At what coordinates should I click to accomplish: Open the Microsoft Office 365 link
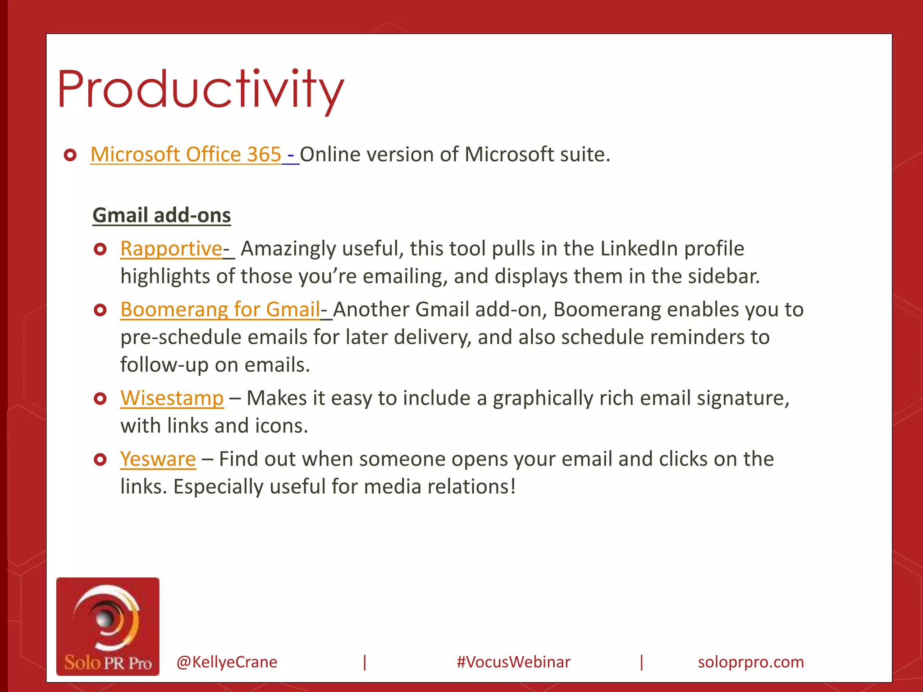(x=186, y=155)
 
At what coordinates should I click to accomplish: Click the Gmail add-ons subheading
(x=161, y=215)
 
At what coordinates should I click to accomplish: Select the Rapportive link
(x=171, y=249)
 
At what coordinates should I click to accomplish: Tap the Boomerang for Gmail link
(x=220, y=310)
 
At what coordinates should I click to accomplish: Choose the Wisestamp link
(x=172, y=398)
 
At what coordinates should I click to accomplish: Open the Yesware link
(x=158, y=459)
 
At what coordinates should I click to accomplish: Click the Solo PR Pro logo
(x=108, y=626)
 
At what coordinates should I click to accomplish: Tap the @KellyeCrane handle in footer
(x=227, y=662)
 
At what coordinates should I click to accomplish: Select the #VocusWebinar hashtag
(x=513, y=662)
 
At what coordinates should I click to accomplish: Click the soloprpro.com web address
(x=750, y=662)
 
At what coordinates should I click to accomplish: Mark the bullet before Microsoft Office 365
(x=70, y=155)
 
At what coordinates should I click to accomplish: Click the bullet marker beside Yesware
(x=100, y=460)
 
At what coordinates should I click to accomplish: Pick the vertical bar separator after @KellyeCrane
(x=365, y=662)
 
